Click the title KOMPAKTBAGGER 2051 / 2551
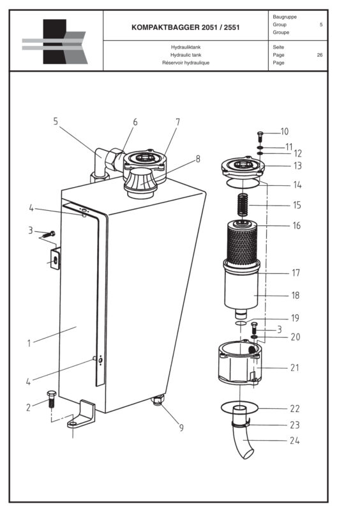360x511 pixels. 185,28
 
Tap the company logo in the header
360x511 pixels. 55,42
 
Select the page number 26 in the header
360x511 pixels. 319,55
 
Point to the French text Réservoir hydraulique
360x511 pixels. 185,63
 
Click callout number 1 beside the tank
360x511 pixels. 29,343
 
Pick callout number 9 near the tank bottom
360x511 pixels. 181,427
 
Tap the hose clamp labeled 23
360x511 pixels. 239,422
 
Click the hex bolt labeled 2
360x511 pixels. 52,400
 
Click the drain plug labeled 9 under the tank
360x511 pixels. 158,400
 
